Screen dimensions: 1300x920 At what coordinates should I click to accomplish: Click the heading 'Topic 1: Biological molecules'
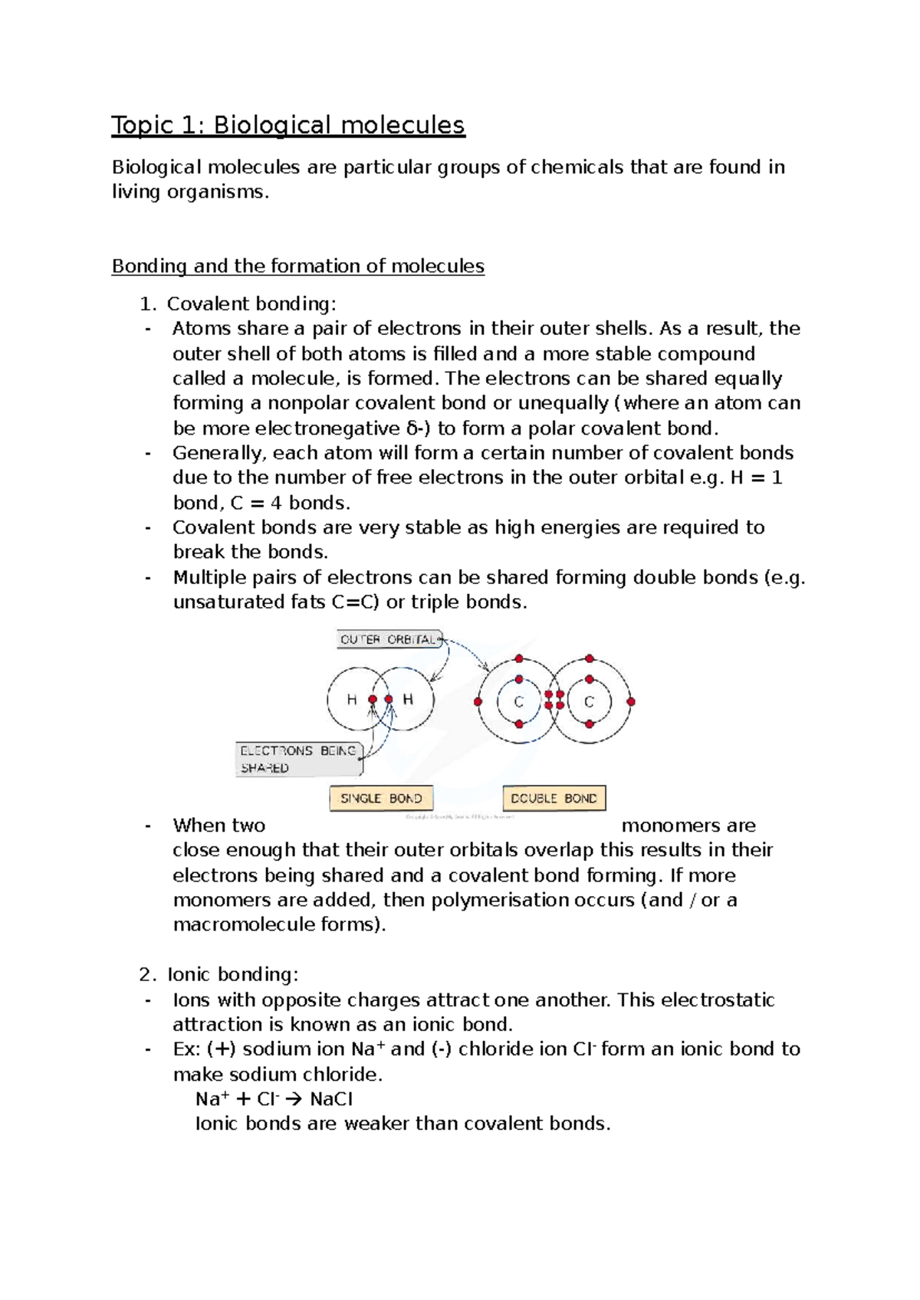click(x=287, y=125)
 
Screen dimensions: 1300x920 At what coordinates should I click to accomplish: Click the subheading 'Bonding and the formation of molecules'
click(x=297, y=266)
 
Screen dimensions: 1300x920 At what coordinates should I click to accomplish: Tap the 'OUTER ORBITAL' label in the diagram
click(x=389, y=639)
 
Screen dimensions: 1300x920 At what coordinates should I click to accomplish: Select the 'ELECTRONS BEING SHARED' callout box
click(x=298, y=759)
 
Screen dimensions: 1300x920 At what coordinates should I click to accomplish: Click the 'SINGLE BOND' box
click(x=381, y=798)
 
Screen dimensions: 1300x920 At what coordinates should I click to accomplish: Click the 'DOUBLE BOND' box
click(x=554, y=798)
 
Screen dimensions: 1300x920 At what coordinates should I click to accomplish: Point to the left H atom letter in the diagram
click(x=352, y=699)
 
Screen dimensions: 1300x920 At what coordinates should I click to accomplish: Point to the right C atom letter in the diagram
click(x=589, y=701)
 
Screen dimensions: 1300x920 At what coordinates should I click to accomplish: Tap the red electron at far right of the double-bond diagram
click(x=631, y=701)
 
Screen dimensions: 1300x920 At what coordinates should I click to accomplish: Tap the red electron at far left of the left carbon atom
click(x=478, y=701)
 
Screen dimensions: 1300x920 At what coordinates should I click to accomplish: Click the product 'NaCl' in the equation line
click(x=331, y=1099)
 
